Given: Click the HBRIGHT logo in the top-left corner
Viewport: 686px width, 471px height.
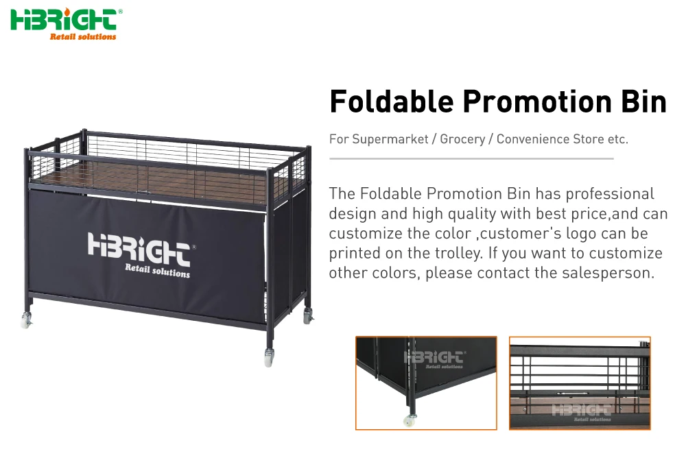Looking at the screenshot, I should click(x=66, y=21).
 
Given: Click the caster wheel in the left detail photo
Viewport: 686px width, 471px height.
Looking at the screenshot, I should click(x=410, y=420).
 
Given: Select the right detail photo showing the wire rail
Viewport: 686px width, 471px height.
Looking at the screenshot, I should click(x=580, y=383).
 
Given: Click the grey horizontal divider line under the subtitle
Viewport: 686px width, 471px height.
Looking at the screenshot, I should click(x=471, y=158).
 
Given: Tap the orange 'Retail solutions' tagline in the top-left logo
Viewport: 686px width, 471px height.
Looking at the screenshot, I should click(x=83, y=36).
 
